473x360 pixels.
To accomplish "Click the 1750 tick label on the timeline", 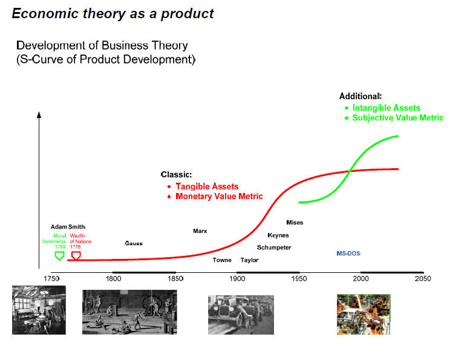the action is tap(51, 278).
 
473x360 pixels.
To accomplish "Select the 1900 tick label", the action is tap(237, 278).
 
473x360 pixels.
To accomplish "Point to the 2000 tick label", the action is tap(360, 278).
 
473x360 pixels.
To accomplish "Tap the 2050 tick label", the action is tap(423, 278).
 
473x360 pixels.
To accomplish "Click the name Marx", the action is tap(200, 231).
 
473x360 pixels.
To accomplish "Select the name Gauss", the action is tap(134, 243).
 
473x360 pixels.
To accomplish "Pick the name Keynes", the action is tap(278, 235).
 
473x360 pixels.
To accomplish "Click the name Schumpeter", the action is tap(274, 247).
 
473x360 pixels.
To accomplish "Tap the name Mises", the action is tap(295, 223).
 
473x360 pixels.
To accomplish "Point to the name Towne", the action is tap(222, 260).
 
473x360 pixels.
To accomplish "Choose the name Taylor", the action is tap(249, 260).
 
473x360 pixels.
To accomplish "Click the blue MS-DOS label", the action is tap(348, 254).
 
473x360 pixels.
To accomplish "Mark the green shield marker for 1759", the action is tap(59, 256).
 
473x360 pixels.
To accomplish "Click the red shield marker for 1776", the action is tap(76, 256).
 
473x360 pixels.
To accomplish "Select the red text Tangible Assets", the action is tap(207, 186).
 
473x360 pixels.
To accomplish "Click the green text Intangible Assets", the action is tap(386, 108).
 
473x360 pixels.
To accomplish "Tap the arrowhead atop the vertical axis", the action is tap(39, 115).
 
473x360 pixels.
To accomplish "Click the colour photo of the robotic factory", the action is tap(364, 315).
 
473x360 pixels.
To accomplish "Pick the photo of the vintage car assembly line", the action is tap(241, 315).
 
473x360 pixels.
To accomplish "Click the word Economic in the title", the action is tap(45, 14).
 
